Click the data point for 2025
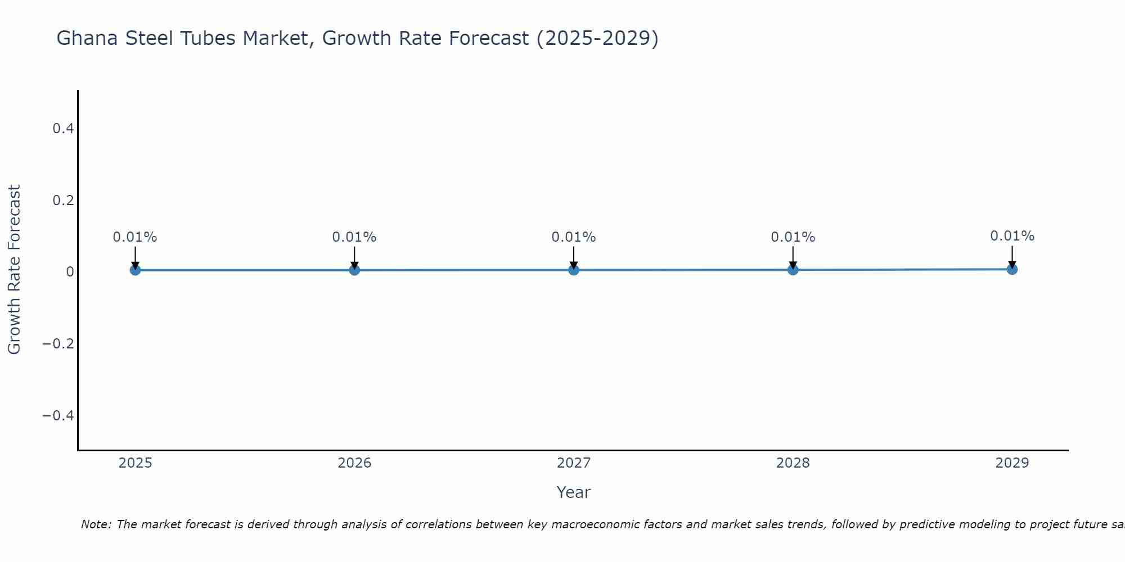pos(135,270)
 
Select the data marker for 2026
pos(354,270)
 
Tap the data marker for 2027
pos(574,270)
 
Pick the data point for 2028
pos(793,270)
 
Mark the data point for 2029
pos(1012,269)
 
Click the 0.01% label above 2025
pos(135,237)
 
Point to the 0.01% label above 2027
pos(574,237)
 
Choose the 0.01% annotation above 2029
pos(1012,236)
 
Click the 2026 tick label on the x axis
pos(354,463)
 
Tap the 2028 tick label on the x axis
pos(793,463)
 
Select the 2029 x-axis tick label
pos(1012,463)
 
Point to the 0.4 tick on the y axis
pos(63,129)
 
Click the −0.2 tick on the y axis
pos(58,343)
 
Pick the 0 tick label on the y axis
pos(70,272)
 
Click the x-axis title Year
pos(573,493)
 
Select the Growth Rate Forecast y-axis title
pos(14,270)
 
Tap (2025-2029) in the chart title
pos(597,38)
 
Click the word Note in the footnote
pos(96,524)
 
